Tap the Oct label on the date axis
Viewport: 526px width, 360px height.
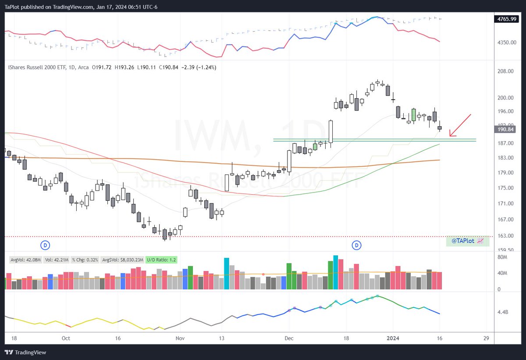(66, 339)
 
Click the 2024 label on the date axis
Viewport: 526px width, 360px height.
(393, 339)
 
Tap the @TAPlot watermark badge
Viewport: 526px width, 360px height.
(467, 241)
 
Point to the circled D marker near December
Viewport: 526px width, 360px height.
(357, 245)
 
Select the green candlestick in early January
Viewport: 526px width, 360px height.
(413, 115)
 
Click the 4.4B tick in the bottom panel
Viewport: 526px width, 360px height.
(502, 313)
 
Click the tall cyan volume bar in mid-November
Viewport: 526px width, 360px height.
(227, 273)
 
